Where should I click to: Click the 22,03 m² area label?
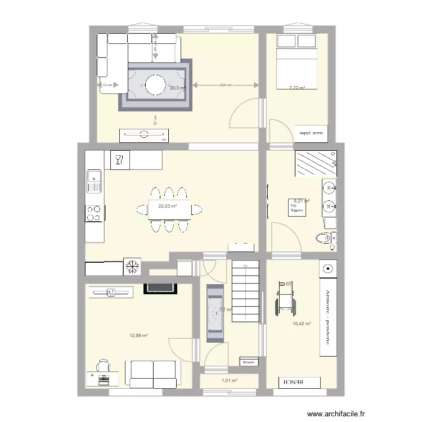(168, 206)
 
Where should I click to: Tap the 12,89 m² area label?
(138, 336)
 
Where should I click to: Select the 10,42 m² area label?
(302, 324)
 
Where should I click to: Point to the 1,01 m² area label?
(229, 381)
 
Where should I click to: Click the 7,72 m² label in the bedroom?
(297, 88)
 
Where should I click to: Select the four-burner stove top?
(93, 213)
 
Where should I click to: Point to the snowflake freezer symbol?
(133, 267)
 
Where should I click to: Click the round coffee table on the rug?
(155, 85)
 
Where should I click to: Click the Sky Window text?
(297, 208)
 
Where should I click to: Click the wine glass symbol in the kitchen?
(118, 159)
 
